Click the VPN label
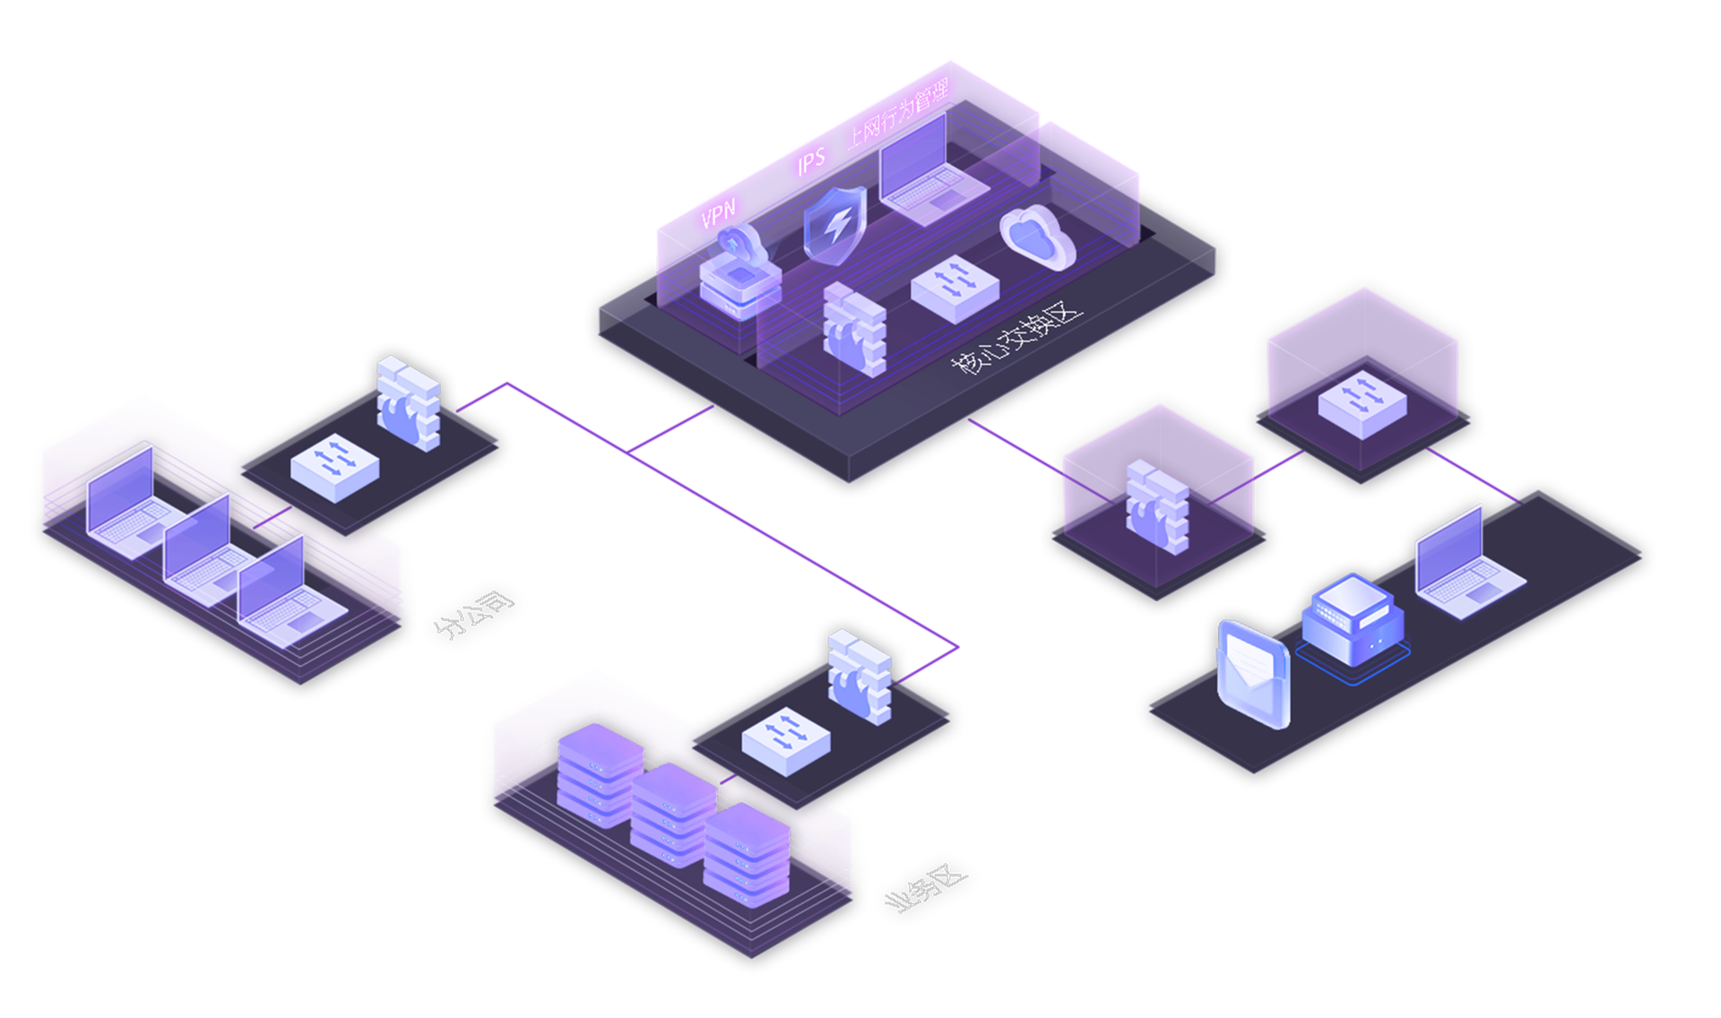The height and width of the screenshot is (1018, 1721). click(x=719, y=213)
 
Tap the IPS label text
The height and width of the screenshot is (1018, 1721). click(x=812, y=160)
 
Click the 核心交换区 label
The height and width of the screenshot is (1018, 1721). click(x=1017, y=340)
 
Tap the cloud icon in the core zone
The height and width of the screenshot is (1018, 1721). click(x=1037, y=237)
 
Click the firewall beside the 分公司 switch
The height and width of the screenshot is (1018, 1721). click(x=409, y=402)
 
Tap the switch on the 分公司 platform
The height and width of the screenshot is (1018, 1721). click(x=334, y=466)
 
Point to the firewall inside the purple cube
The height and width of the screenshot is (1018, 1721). click(x=1157, y=506)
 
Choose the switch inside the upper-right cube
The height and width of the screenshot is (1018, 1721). click(x=1362, y=402)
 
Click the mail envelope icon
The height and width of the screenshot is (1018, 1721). click(x=1254, y=672)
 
